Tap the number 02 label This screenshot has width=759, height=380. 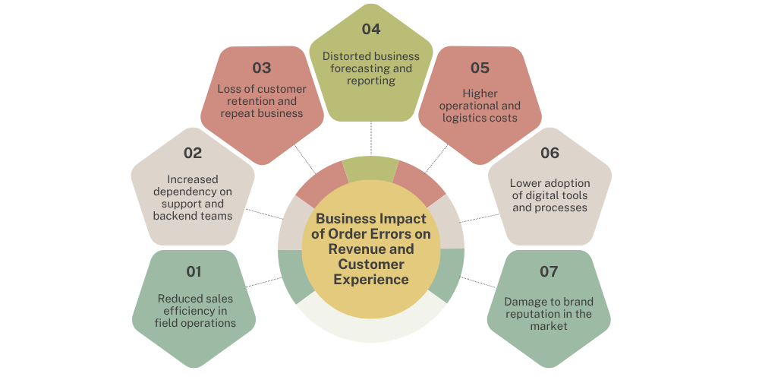point(193,153)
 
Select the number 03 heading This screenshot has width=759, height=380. point(261,68)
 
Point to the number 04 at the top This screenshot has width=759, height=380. point(371,30)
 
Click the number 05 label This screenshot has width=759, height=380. point(480,68)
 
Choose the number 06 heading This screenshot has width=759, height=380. point(550,153)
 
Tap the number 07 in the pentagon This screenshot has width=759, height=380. point(548,271)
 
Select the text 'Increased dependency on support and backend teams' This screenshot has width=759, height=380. point(193,198)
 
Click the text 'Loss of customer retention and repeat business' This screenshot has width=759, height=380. point(261,101)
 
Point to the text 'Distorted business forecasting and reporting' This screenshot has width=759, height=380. point(371,68)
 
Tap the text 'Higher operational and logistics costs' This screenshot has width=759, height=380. point(480,106)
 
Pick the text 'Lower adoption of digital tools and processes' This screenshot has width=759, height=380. point(550,195)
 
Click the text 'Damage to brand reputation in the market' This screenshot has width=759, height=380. point(548,314)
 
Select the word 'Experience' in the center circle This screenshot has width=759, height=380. point(372,279)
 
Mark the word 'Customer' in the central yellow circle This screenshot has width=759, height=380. point(371,264)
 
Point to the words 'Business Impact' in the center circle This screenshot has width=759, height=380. point(371,220)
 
